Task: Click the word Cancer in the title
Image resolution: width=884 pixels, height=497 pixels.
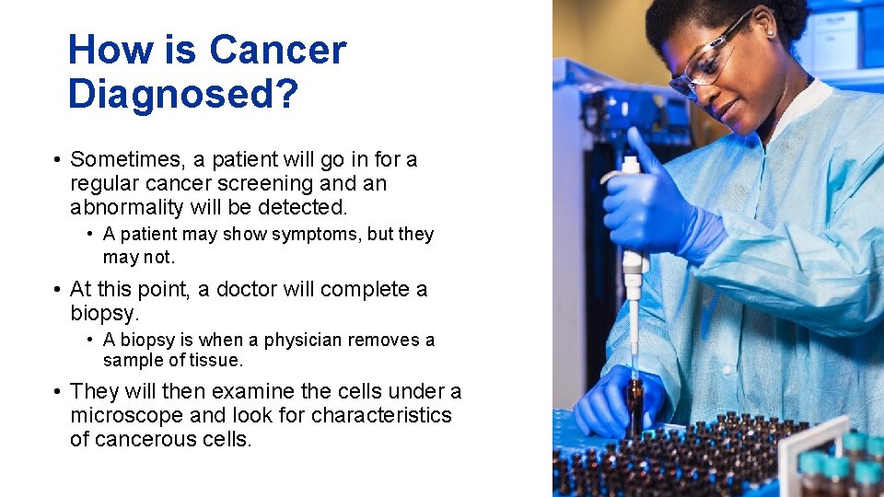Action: (277, 50)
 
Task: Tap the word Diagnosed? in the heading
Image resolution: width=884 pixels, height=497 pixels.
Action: (183, 94)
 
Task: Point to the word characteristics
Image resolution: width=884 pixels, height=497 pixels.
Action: (381, 415)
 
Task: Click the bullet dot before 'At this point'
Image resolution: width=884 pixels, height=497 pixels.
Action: (57, 290)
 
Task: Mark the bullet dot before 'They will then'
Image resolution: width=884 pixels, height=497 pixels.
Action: (57, 391)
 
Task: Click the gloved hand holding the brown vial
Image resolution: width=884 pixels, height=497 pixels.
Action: (612, 400)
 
